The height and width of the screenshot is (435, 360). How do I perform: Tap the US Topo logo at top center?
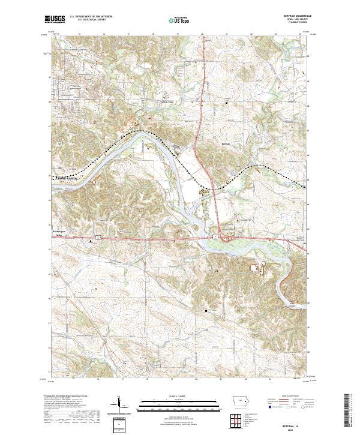(179, 20)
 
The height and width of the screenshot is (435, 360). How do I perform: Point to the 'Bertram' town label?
(226, 144)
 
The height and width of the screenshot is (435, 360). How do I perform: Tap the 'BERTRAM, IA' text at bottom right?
(291, 422)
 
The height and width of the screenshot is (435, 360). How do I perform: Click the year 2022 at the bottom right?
(291, 427)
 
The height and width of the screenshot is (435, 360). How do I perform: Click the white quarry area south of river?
(262, 268)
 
